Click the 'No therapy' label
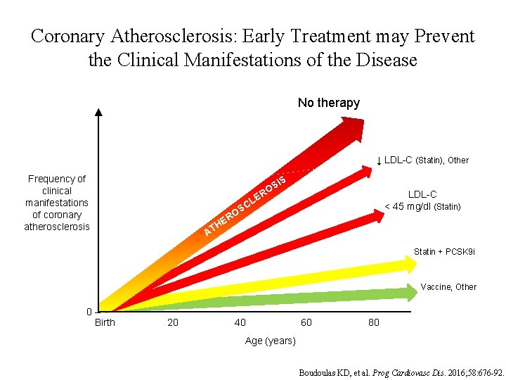point(328,103)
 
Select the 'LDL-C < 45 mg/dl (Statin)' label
point(422,201)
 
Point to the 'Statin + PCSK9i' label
point(444,251)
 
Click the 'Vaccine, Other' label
point(448,286)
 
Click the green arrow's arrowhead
point(410,291)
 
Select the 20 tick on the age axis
point(172,322)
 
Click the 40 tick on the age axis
point(240,322)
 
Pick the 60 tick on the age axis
point(306,322)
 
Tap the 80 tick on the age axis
point(373,322)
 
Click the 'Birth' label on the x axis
point(105,322)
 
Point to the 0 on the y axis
point(89,312)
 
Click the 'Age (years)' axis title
point(271,341)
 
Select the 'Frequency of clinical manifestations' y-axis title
point(57,203)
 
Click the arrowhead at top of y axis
point(98,113)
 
